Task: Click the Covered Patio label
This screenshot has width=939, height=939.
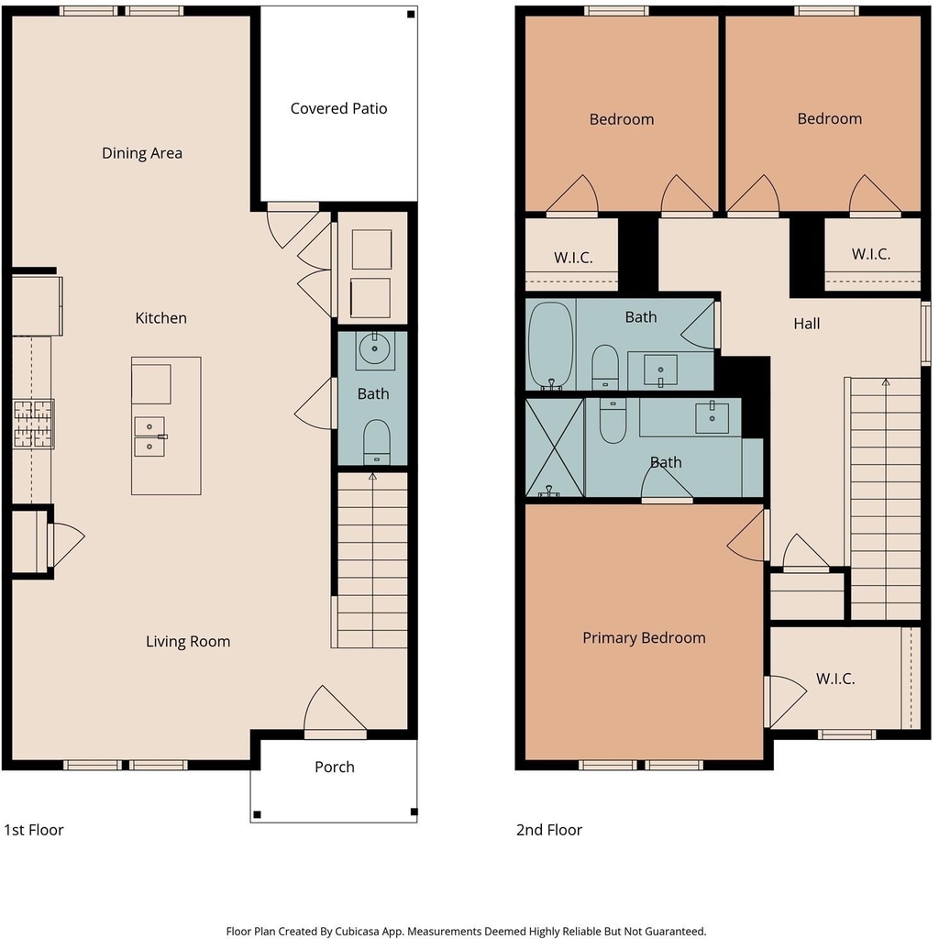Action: click(338, 108)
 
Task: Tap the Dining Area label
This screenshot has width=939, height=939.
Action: click(142, 153)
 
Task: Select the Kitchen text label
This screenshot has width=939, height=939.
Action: click(161, 318)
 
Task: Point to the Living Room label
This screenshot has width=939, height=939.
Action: click(188, 641)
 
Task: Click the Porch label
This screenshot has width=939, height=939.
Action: click(335, 768)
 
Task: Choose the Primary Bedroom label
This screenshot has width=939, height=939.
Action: click(644, 638)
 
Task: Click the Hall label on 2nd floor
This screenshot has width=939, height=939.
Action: click(807, 324)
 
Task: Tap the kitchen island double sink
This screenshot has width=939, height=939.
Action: click(149, 436)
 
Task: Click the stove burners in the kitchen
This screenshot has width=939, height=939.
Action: click(34, 424)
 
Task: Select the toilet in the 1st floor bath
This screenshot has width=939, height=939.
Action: click(377, 442)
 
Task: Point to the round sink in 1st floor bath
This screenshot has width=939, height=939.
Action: click(375, 348)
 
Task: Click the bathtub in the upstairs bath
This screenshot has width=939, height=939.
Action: click(551, 346)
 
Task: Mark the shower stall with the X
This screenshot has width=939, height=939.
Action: click(554, 447)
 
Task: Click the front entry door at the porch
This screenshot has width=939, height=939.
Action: click(336, 735)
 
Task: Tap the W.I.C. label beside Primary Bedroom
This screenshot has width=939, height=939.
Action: click(835, 679)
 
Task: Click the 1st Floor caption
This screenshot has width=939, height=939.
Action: click(34, 830)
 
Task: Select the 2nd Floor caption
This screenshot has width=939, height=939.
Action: click(549, 830)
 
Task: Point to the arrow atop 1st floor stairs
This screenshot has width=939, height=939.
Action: click(372, 477)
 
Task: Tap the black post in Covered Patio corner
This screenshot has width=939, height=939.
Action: click(411, 15)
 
